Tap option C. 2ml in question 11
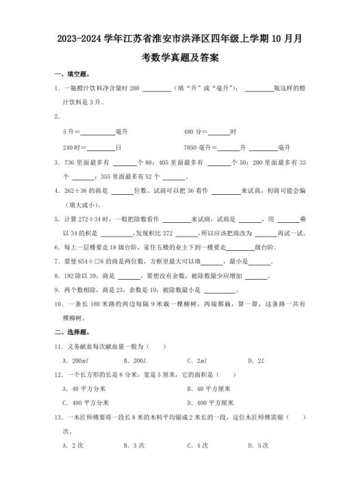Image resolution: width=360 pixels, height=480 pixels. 198,360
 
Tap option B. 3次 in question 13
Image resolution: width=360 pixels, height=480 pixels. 133,445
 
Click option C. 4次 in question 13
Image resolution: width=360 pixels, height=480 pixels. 198,445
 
